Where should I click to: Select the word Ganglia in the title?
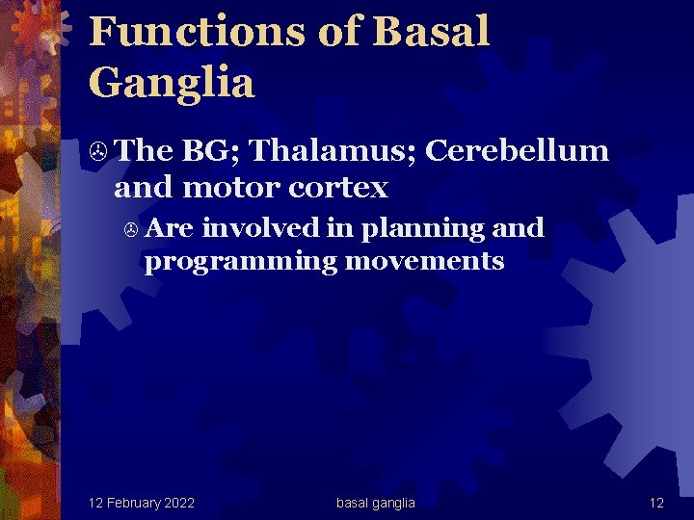(x=172, y=82)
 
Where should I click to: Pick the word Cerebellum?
(x=517, y=151)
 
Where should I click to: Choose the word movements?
(x=425, y=261)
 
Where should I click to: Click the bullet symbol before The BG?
(x=96, y=152)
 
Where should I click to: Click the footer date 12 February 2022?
(x=141, y=503)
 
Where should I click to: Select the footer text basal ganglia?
(x=376, y=503)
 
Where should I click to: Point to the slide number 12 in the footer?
(x=656, y=503)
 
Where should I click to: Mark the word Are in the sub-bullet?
(x=171, y=228)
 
